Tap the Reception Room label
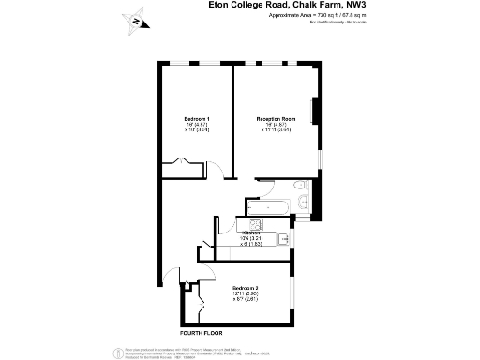point(277,118)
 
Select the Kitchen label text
point(251,232)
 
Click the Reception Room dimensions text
point(277,128)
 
